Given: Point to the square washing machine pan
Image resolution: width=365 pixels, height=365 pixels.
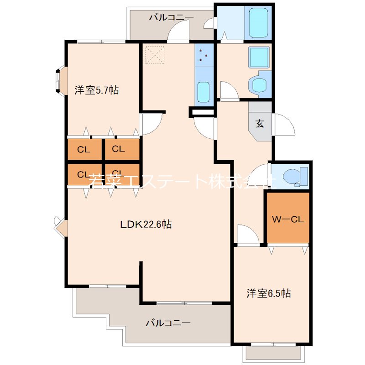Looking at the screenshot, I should (x=259, y=57).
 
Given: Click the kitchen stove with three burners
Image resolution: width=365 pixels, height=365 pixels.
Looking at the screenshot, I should (x=204, y=55).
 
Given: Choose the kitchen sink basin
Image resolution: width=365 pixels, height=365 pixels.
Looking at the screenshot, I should (x=204, y=91).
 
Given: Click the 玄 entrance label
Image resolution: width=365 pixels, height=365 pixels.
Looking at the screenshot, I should (x=260, y=124).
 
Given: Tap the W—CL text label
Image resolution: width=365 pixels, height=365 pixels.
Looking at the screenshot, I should (x=288, y=219).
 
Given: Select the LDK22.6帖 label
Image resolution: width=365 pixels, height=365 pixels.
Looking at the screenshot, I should (x=146, y=224).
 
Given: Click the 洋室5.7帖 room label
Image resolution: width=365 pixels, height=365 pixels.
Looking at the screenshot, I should (x=97, y=90).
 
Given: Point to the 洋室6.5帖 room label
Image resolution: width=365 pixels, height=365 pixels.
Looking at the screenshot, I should (x=269, y=293).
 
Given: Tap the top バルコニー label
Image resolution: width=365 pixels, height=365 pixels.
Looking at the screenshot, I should (x=171, y=17).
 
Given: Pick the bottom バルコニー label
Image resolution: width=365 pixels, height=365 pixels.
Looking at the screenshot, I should (x=168, y=323).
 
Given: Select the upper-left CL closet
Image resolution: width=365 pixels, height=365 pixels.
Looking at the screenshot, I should (x=84, y=149).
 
